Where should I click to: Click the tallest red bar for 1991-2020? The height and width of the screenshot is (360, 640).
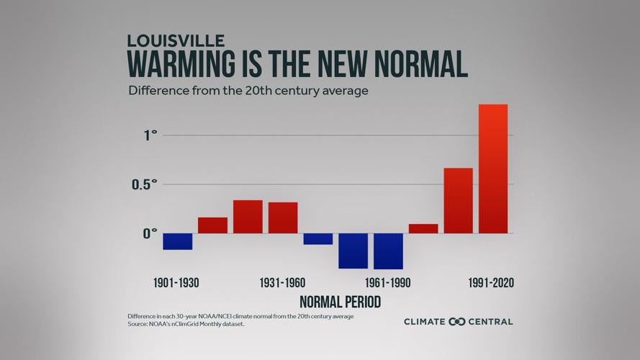[x=493, y=169]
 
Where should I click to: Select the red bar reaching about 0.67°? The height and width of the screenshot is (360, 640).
[x=458, y=201]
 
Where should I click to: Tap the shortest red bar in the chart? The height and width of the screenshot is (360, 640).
[x=423, y=229]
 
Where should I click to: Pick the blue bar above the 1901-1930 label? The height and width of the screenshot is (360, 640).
[x=177, y=241]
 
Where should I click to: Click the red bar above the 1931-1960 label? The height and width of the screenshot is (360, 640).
[x=283, y=217]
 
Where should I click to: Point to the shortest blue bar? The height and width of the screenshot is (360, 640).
[x=317, y=239]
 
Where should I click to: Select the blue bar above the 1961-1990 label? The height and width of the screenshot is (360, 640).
[x=388, y=251]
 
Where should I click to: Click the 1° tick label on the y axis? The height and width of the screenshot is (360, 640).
[x=150, y=135]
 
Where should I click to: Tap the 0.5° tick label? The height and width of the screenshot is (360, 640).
[x=145, y=184]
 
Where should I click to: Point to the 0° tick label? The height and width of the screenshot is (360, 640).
[x=150, y=233]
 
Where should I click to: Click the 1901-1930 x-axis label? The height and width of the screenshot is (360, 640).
[x=176, y=283]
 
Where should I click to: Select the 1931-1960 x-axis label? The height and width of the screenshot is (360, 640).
[x=283, y=283]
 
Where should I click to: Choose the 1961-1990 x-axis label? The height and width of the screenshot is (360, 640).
[x=388, y=283]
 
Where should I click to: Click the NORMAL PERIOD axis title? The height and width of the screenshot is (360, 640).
[x=340, y=302]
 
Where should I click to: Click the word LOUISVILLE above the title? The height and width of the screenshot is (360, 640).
[x=176, y=40]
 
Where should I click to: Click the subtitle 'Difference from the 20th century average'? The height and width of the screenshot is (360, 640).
[x=248, y=91]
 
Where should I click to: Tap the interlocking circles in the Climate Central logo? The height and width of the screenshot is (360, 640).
[x=457, y=322]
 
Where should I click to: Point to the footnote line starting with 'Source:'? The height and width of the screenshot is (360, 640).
[x=186, y=324]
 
